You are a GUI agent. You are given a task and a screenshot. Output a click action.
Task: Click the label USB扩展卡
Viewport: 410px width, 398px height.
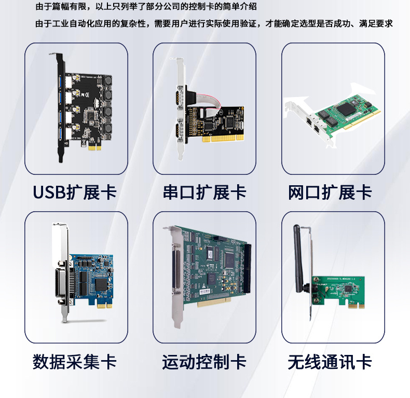(75, 193)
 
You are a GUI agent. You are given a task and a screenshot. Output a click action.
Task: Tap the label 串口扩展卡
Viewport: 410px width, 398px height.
(204, 193)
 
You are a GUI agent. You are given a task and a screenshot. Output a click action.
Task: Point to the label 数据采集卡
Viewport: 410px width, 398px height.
(75, 362)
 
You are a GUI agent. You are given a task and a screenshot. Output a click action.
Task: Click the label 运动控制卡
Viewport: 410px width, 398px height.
(204, 362)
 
